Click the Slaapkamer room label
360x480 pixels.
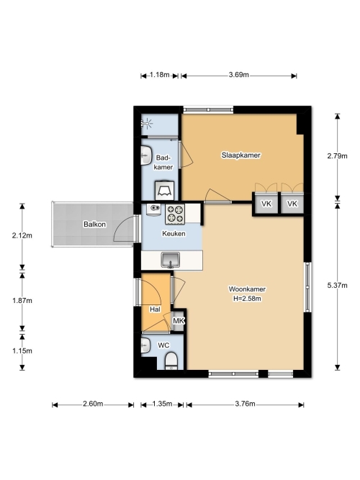point(240,155)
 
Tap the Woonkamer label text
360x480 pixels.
point(247,289)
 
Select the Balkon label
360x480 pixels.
point(94,225)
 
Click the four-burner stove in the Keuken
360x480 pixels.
point(175,214)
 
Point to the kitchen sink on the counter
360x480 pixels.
point(171,261)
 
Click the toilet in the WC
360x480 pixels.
point(171,361)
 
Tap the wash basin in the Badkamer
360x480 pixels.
point(146,155)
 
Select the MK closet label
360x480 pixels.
point(179,321)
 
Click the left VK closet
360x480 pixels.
point(266,203)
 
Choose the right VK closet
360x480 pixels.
point(292,203)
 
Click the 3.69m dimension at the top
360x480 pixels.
point(238,75)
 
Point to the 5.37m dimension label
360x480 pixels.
point(338,285)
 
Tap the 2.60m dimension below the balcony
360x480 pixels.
point(93,404)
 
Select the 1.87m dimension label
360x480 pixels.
point(22,301)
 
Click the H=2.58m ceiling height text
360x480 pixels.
point(247,299)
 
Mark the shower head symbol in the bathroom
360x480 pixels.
point(147,124)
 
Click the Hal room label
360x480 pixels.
point(155,309)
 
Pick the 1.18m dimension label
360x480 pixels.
point(160,75)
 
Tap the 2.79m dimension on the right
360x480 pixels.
point(338,156)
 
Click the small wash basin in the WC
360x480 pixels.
point(145,345)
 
